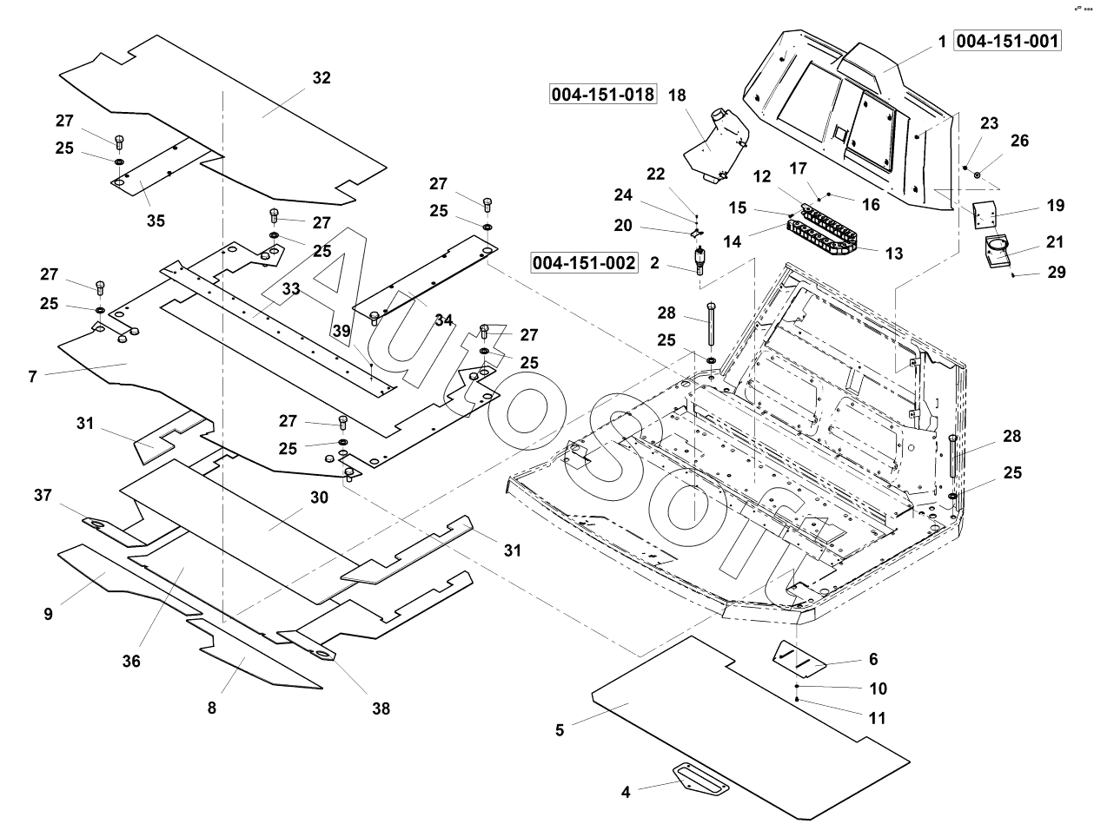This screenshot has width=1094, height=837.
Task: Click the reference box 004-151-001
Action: (x=1008, y=40)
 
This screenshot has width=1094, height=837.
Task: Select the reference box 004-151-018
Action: (x=603, y=94)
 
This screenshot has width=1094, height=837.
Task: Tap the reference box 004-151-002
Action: (x=585, y=262)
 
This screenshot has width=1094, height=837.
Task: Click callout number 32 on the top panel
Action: (x=322, y=78)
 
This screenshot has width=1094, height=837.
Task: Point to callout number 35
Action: (x=156, y=221)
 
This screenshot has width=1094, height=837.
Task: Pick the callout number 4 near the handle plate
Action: (x=626, y=791)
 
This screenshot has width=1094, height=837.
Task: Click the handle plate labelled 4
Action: (x=700, y=777)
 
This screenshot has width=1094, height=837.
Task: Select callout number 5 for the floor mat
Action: (x=560, y=730)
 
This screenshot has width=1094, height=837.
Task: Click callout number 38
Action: (x=381, y=708)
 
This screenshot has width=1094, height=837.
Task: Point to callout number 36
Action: (x=131, y=661)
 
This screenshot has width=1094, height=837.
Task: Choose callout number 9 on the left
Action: (x=48, y=614)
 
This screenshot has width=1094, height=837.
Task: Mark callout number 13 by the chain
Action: (x=894, y=254)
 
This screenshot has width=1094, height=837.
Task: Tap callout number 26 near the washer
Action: (x=1019, y=140)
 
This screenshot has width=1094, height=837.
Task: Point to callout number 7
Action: (x=32, y=376)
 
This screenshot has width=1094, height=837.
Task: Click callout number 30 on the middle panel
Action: (x=319, y=498)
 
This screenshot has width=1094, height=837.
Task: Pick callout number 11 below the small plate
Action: (x=878, y=718)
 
